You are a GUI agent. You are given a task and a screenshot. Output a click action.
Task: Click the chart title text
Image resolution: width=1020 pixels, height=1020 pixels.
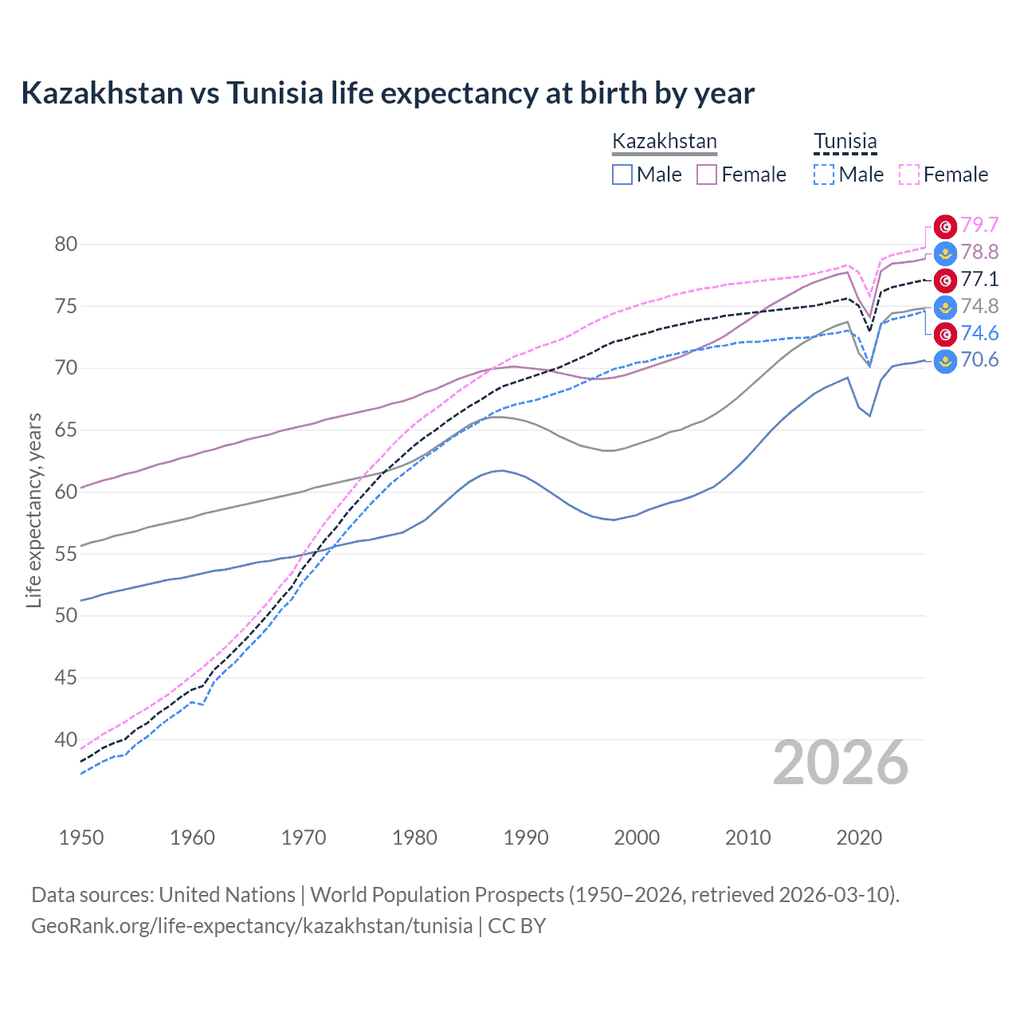387,93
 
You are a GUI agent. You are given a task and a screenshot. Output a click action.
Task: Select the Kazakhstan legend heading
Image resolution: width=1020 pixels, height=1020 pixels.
665,142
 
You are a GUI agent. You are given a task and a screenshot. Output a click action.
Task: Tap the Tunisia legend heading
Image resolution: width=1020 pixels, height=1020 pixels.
845,142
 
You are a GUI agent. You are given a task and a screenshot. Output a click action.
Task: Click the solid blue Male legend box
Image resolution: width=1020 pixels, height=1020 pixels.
622,175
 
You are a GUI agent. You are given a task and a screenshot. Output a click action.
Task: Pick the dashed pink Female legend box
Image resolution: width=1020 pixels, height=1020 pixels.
909,175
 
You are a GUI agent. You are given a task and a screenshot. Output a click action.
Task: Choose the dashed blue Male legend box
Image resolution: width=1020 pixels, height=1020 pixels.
824,175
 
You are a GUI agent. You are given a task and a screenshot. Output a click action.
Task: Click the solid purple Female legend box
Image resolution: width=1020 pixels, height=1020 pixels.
707,175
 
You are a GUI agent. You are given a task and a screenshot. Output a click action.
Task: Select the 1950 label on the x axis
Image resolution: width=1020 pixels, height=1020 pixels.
81,838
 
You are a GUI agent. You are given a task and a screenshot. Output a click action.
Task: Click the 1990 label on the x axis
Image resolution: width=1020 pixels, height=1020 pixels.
526,838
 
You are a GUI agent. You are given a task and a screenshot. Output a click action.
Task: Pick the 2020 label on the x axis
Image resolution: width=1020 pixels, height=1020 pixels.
859,838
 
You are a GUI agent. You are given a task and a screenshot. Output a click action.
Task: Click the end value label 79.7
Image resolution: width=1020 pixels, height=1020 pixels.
979,226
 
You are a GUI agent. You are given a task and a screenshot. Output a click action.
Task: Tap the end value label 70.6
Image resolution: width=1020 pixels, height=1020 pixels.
979,360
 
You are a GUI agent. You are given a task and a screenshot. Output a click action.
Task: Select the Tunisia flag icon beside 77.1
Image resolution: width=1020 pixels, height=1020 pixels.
945,280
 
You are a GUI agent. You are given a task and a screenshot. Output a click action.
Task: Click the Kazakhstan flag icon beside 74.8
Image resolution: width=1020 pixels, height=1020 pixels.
945,307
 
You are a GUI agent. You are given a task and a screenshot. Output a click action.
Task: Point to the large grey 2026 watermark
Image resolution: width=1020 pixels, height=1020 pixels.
841,763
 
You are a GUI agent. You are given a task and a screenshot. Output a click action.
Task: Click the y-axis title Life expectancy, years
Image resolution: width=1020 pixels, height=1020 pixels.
33,510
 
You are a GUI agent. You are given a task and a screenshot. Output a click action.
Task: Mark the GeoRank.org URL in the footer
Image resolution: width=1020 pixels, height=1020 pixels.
252,926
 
